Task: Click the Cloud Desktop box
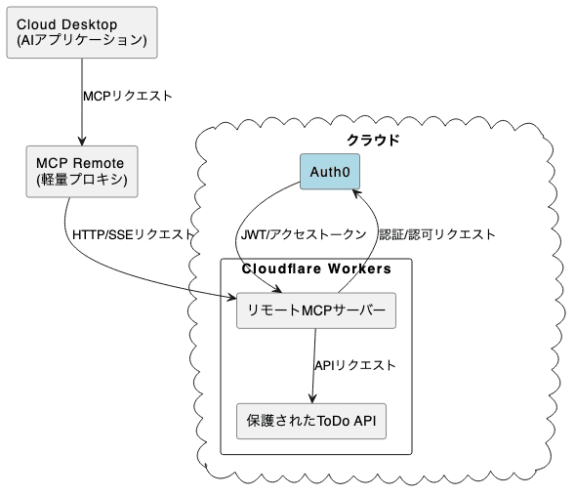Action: [x=82, y=31]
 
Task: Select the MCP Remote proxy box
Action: [x=81, y=172]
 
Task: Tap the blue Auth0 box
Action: [x=329, y=172]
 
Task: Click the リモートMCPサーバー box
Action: [x=315, y=311]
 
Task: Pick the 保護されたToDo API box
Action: [x=310, y=422]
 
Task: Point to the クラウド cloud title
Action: [x=373, y=140]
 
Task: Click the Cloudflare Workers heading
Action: [x=316, y=268]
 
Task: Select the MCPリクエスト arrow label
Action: [x=128, y=97]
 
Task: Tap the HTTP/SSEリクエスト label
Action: [x=133, y=235]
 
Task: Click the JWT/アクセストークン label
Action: [x=303, y=235]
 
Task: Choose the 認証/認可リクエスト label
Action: [x=436, y=235]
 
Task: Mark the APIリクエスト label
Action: [x=354, y=365]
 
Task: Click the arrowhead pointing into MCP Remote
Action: [x=81, y=142]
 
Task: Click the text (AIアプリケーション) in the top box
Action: [x=82, y=40]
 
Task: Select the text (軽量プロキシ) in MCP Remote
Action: [x=81, y=181]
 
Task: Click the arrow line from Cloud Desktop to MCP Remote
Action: [x=81, y=98]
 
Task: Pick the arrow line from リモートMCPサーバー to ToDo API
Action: [x=312, y=361]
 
